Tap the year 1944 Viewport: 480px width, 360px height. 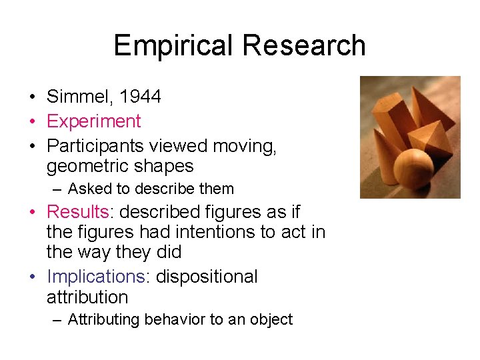141,97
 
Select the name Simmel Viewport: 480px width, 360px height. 81,97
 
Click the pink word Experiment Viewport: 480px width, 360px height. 93,121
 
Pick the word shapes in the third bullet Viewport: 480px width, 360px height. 164,166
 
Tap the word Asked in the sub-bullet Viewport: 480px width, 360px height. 88,189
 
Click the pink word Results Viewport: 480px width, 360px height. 77,212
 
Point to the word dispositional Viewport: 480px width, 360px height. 207,277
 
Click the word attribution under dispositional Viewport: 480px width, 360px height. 87,297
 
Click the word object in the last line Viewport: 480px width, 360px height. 269,320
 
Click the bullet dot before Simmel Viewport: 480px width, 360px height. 32,97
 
